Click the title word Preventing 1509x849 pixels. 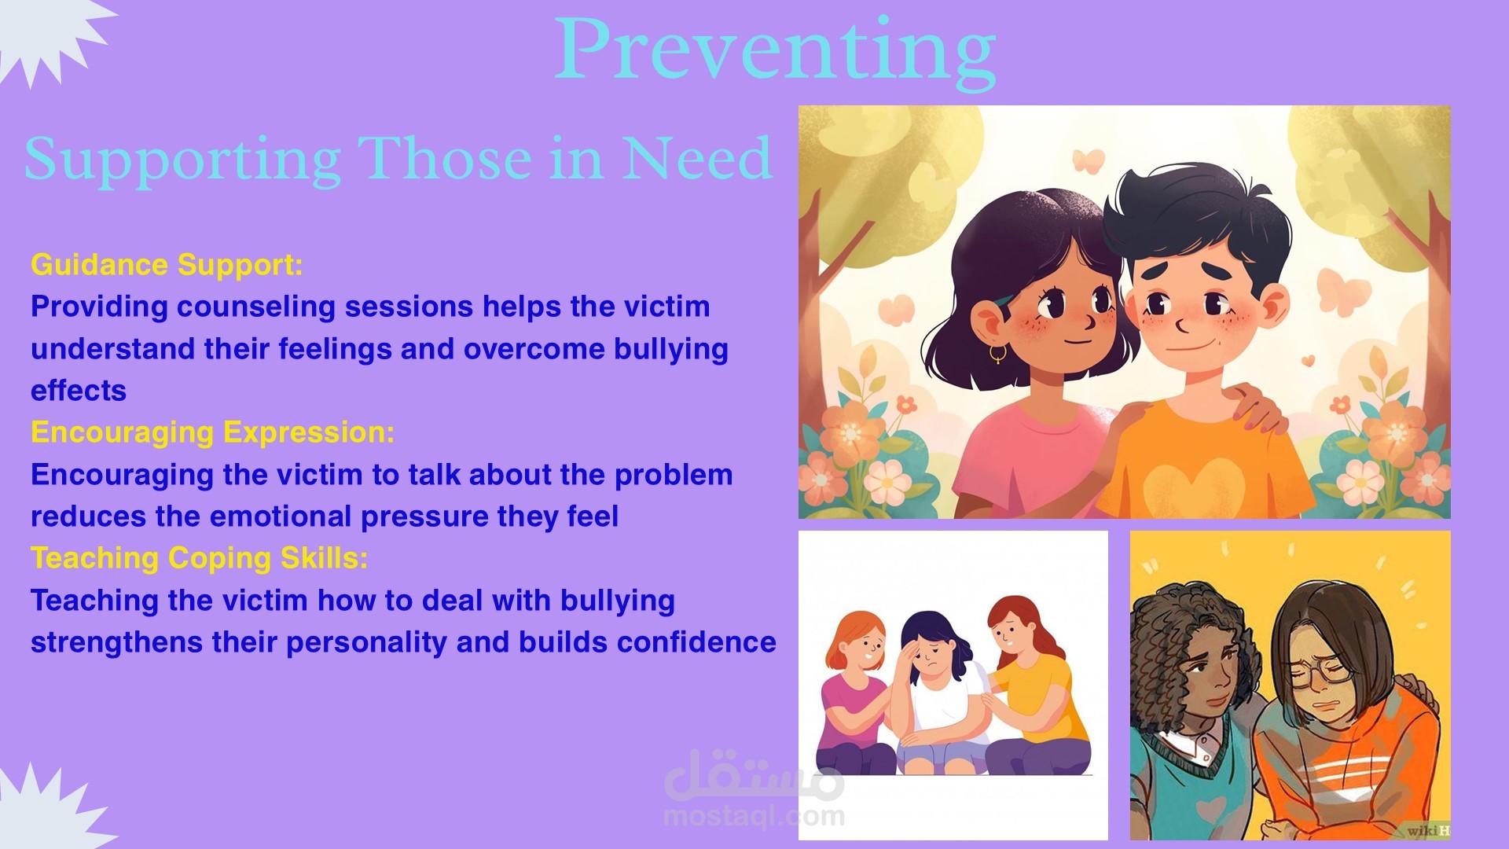tap(775, 52)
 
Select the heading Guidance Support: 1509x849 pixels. tap(167, 265)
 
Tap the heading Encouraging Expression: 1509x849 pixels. tap(212, 432)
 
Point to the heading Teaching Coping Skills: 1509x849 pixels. tap(200, 558)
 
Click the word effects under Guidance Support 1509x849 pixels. tap(79, 391)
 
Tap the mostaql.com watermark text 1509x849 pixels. tap(754, 816)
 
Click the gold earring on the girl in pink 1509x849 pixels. tap(997, 354)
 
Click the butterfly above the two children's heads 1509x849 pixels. tap(1089, 161)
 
